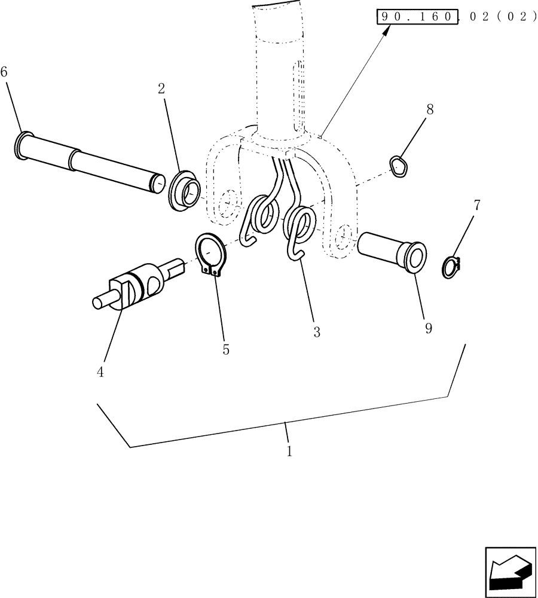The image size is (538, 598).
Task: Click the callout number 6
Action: [x=4, y=72]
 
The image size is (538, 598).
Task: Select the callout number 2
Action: [x=161, y=89]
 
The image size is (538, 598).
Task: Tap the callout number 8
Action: [x=430, y=109]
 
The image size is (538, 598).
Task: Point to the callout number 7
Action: [x=476, y=206]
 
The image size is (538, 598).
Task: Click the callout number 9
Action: [x=428, y=329]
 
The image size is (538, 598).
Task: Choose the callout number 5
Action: [x=226, y=350]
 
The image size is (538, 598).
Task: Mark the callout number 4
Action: [x=100, y=372]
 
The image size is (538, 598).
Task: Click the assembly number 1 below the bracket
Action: [x=289, y=451]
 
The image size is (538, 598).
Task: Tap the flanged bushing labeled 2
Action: [x=185, y=192]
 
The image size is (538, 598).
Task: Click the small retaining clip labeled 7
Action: [x=453, y=267]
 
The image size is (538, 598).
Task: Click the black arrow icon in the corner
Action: [x=509, y=570]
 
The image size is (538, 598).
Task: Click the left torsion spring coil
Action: [x=264, y=215]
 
